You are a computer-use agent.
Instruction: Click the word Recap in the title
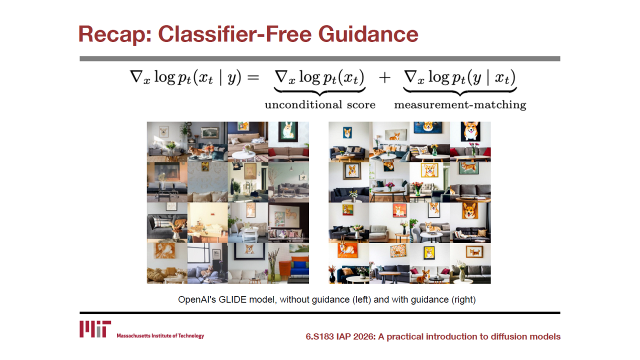tap(115, 34)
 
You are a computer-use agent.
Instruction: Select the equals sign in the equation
tap(253, 77)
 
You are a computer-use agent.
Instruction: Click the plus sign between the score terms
tap(384, 77)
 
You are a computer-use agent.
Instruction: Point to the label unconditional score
tap(320, 105)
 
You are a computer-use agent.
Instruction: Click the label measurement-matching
tap(460, 105)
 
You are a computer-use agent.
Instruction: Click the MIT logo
tap(95, 329)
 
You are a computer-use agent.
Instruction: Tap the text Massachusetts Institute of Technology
tap(160, 335)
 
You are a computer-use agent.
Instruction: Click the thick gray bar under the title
tap(319, 58)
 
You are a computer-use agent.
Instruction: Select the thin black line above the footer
tap(319, 313)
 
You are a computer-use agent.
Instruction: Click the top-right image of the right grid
tap(470, 142)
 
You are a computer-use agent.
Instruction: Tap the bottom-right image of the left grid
tap(288, 263)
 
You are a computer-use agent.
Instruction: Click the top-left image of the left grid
tap(167, 142)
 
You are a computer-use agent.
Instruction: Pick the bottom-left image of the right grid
tap(349, 263)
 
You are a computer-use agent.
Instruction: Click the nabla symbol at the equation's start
tap(136, 76)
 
